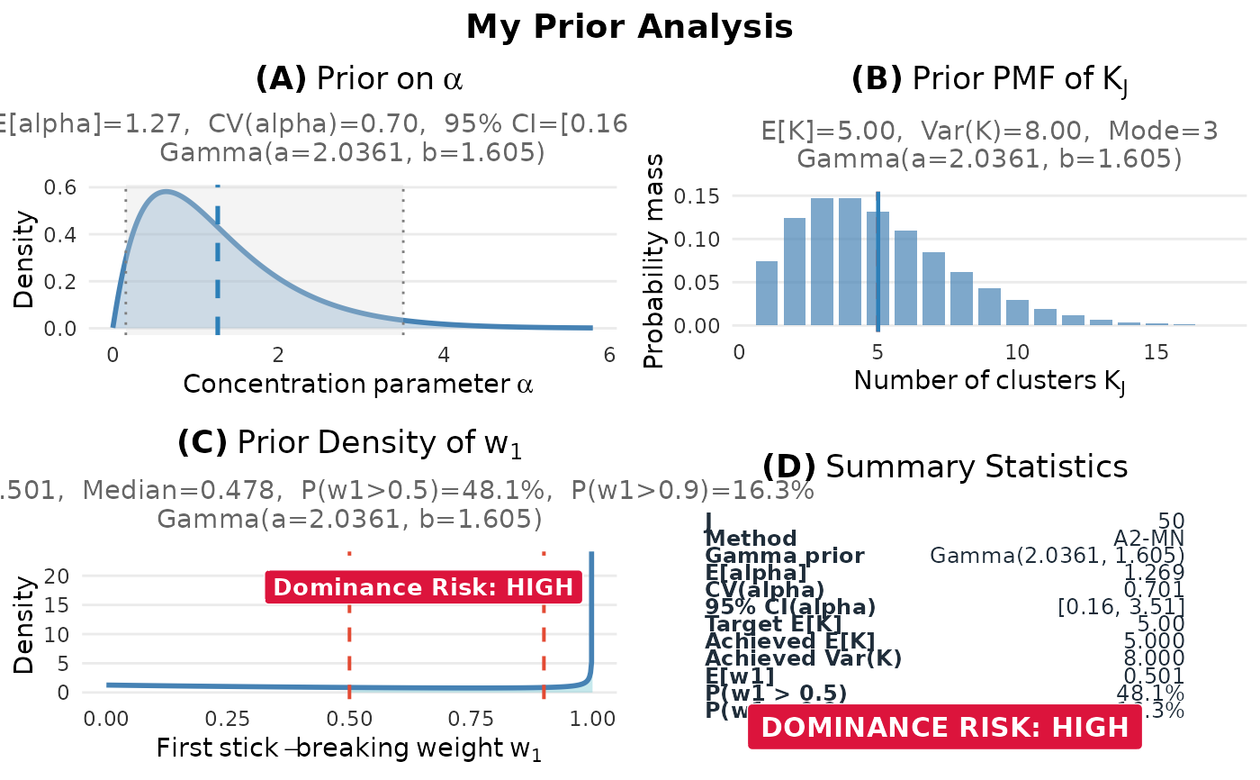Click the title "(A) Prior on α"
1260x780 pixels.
(359, 79)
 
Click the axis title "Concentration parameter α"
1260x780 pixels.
(358, 385)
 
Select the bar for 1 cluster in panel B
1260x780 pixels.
(767, 293)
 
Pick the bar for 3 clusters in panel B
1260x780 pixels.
(822, 261)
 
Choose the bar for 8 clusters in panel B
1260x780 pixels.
(961, 298)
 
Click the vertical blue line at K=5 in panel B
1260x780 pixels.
(877, 261)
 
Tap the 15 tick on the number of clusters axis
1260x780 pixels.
(1156, 352)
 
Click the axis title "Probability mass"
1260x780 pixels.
(654, 261)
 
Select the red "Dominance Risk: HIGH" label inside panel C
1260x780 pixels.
(423, 587)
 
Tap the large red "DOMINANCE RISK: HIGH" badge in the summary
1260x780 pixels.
(944, 728)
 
